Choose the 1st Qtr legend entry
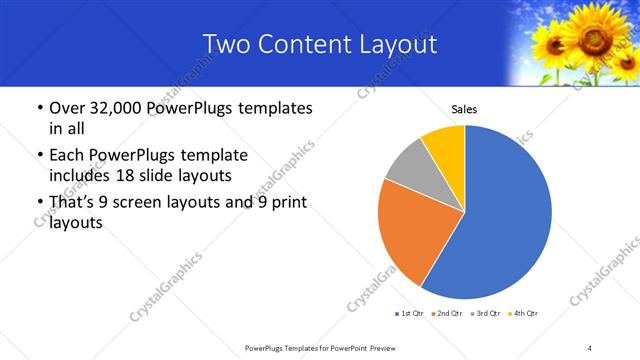tap(410, 314)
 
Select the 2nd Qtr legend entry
tap(446, 314)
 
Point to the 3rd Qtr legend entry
tap(482, 314)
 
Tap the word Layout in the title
tap(400, 44)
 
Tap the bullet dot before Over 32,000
tap(38, 108)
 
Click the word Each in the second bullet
tap(69, 156)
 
